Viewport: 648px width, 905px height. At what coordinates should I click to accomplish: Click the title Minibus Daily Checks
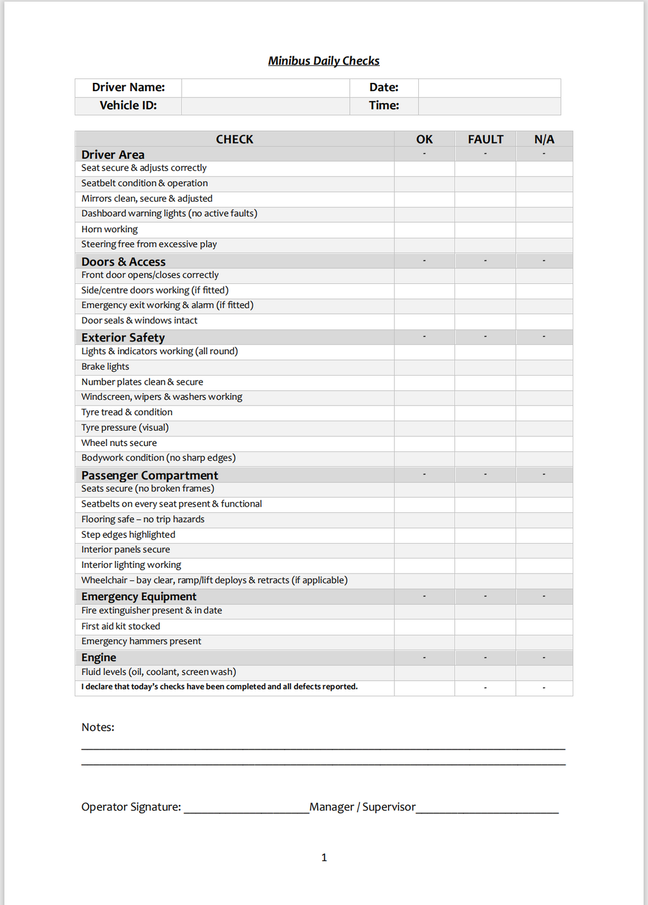click(323, 61)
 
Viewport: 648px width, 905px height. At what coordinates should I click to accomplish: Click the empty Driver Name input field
click(265, 87)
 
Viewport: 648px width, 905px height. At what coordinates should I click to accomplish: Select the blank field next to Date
click(489, 87)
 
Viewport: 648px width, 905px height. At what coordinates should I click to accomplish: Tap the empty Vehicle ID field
click(265, 106)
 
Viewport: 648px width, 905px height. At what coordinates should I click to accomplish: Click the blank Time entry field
click(489, 106)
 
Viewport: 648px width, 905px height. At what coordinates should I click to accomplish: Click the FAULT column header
click(485, 139)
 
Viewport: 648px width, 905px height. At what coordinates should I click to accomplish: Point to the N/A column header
click(544, 139)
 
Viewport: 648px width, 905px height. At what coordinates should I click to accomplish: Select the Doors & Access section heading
click(123, 261)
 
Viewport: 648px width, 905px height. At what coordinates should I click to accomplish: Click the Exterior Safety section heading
click(123, 337)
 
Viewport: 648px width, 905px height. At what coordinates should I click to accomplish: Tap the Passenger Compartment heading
click(149, 475)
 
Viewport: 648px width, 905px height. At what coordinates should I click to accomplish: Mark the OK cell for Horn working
click(424, 230)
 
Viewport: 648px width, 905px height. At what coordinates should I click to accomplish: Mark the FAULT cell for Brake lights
click(485, 367)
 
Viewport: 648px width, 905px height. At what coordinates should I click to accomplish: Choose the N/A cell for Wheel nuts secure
click(544, 443)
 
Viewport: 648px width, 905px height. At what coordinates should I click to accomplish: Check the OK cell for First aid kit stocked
click(424, 626)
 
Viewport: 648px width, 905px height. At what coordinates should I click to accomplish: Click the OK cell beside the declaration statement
click(424, 687)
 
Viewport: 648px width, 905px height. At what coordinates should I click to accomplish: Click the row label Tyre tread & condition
click(127, 412)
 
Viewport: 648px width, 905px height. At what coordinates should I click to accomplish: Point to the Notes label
click(97, 727)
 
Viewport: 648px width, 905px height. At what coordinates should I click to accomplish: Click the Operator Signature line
click(246, 808)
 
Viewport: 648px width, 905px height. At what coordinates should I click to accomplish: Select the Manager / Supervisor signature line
click(487, 808)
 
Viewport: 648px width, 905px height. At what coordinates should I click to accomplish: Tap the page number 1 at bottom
click(324, 858)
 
